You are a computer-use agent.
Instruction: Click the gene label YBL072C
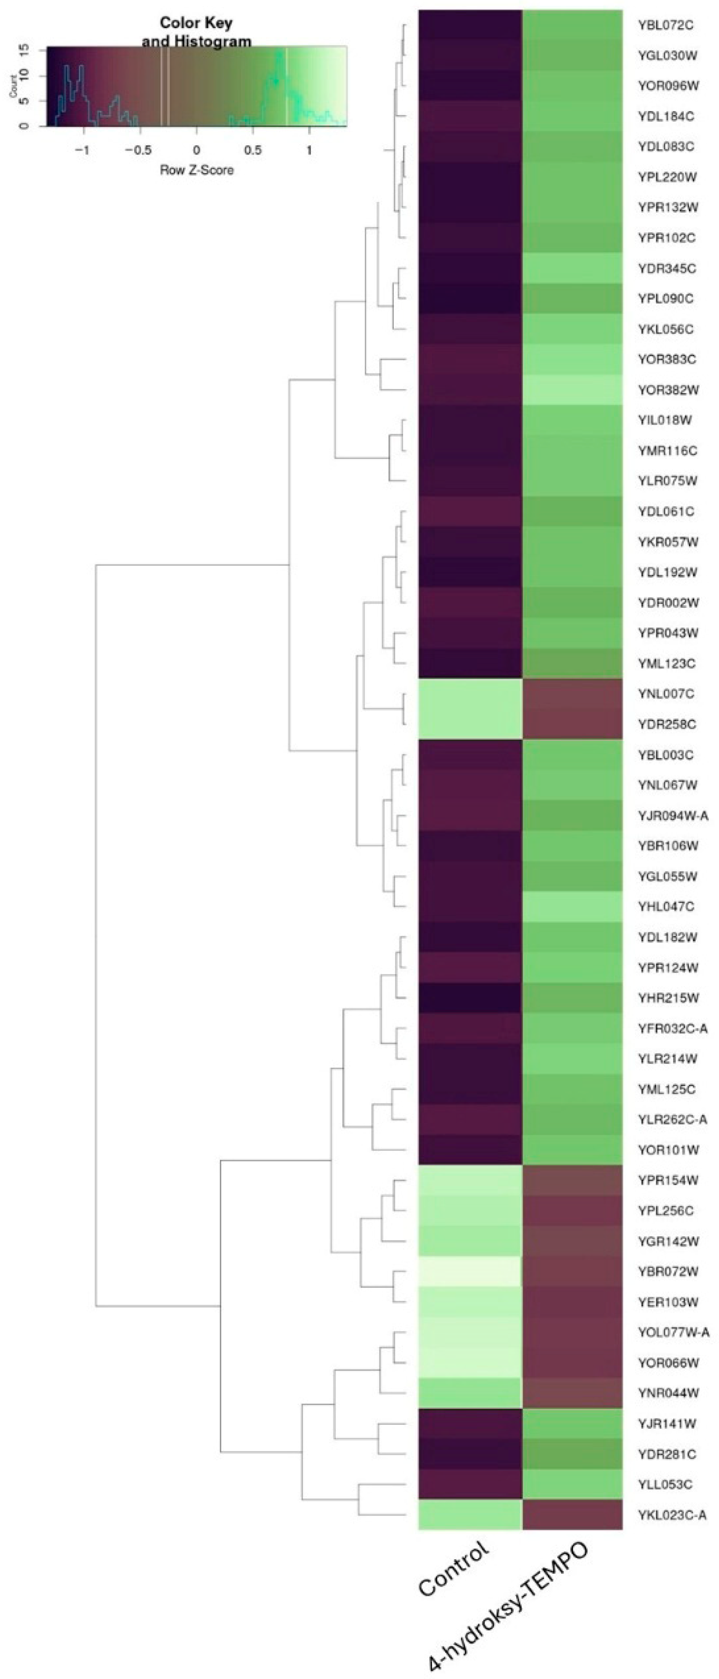[665, 26]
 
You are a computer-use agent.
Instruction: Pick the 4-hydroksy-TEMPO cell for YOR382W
[572, 390]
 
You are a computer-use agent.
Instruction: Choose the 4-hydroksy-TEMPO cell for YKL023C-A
[572, 1515]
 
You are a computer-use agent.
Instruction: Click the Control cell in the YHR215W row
[469, 998]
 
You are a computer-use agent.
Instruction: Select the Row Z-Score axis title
[196, 171]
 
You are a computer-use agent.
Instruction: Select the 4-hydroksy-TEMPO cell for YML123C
[572, 663]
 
